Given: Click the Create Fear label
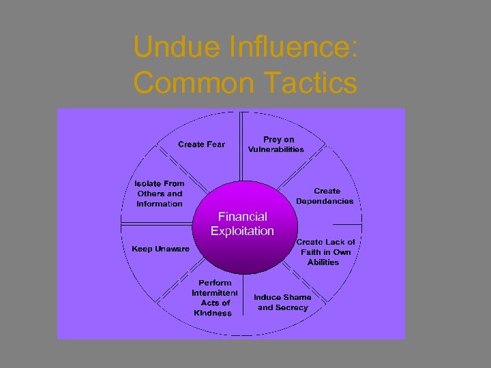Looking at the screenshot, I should (201, 144).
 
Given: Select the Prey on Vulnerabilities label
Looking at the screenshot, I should (276, 144).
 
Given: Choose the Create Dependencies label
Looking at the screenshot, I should (325, 196).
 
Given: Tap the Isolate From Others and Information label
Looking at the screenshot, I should (160, 194).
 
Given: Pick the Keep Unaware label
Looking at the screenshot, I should (161, 249).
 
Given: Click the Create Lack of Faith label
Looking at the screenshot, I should (326, 251).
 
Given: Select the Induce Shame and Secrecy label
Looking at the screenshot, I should (282, 302).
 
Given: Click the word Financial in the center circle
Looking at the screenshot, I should (242, 217).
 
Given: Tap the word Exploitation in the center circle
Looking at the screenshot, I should (242, 231).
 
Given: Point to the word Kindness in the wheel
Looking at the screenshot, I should (213, 313).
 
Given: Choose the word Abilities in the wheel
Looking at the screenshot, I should (323, 262).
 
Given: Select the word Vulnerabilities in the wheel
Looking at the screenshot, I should (276, 149).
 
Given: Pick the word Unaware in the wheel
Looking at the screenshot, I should (172, 249).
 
